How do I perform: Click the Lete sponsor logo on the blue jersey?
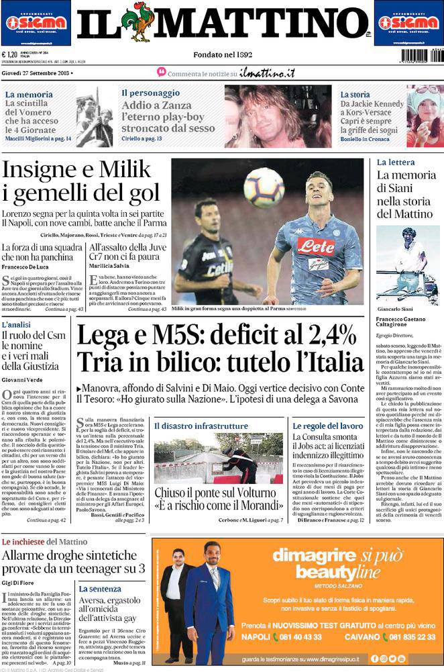[316, 246]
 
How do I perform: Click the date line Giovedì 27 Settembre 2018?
[37, 71]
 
